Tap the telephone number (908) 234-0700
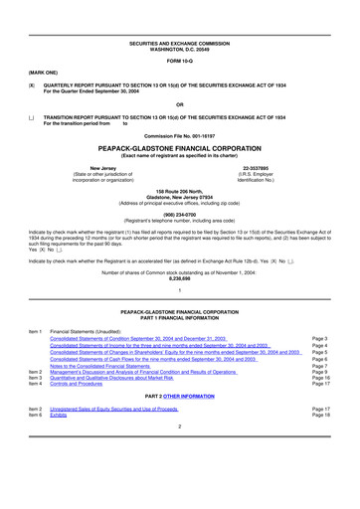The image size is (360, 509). pos(180,212)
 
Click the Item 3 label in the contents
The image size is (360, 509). pos(35,379)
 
